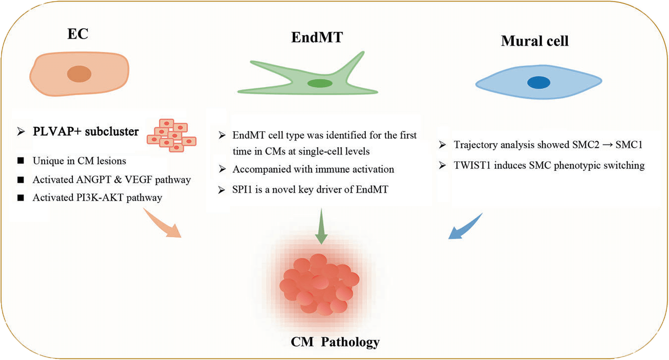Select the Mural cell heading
[x=535, y=41]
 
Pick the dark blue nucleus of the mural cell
[x=538, y=83]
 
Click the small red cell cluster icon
[x=171, y=134]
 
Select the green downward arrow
[x=321, y=226]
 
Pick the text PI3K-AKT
[x=101, y=198]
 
